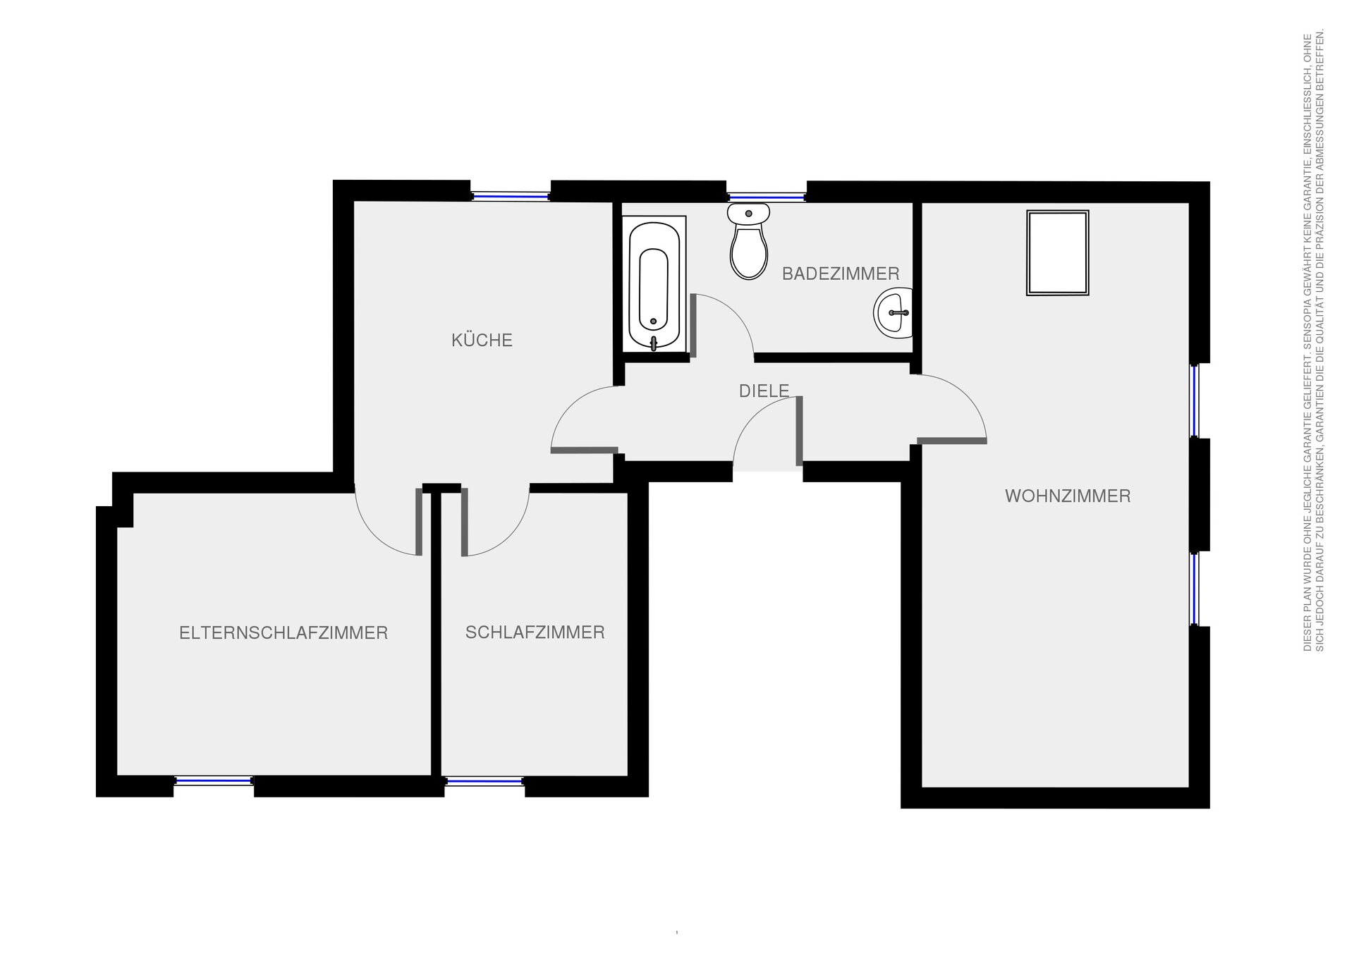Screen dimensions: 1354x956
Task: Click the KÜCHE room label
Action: click(482, 341)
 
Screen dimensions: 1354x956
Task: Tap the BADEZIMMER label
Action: click(841, 274)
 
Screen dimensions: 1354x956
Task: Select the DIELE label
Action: click(764, 391)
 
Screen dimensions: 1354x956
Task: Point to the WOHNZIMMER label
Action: click(1068, 496)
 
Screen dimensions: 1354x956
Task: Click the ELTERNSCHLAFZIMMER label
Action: click(283, 633)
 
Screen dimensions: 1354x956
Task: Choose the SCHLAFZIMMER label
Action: click(535, 632)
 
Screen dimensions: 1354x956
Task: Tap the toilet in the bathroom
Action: click(748, 241)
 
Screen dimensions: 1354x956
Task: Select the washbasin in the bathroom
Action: click(893, 313)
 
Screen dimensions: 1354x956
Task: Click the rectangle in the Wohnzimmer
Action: click(1058, 252)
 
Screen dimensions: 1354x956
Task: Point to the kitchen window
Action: click(511, 197)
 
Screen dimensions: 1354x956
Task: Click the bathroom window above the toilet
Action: click(767, 197)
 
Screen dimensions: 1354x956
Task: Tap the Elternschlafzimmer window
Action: click(214, 780)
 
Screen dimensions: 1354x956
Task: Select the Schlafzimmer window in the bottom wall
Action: click(485, 780)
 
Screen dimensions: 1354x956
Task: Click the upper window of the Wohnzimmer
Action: click(1195, 401)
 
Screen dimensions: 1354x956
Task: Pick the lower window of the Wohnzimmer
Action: click(1195, 589)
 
